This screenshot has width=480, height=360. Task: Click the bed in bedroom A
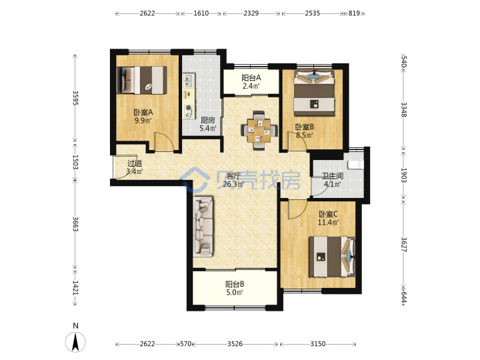[x=142, y=80]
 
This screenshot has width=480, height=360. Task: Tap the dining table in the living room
[x=259, y=131]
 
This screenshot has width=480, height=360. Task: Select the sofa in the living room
[x=203, y=227]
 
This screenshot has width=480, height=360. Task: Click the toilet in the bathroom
[x=355, y=165]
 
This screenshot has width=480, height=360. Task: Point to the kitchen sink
[x=189, y=81]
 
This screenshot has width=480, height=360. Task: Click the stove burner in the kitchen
[x=189, y=108]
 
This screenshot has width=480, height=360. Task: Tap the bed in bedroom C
[x=332, y=257]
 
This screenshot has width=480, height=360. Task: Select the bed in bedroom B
[x=314, y=93]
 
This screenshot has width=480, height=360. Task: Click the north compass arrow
[x=75, y=341]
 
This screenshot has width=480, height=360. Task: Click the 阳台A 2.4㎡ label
[x=251, y=82]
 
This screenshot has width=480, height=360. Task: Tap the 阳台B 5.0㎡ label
[x=235, y=289]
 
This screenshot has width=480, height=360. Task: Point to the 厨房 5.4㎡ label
[x=208, y=124]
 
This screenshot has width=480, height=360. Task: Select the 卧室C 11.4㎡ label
[x=328, y=218]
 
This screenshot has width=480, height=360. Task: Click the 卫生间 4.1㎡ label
[x=333, y=180]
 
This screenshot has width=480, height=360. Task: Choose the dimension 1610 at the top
[x=201, y=13]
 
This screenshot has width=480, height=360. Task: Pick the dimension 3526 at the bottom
[x=235, y=344]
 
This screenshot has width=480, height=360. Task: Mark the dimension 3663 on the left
[x=75, y=224]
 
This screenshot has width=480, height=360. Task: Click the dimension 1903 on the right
[x=404, y=175]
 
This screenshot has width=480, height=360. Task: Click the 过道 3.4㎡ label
[x=135, y=167]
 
